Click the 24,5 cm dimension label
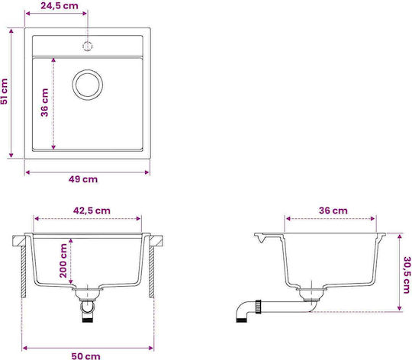pos(60,6)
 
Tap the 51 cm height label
pos(5,92)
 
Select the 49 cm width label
pos(83,179)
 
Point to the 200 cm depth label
pos(63,261)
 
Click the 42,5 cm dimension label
pos(92,211)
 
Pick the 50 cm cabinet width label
pos(86,356)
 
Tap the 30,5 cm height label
pos(407,275)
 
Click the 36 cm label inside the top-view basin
pos(45,103)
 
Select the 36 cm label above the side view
pos(333,211)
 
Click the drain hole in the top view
pos(88,85)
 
